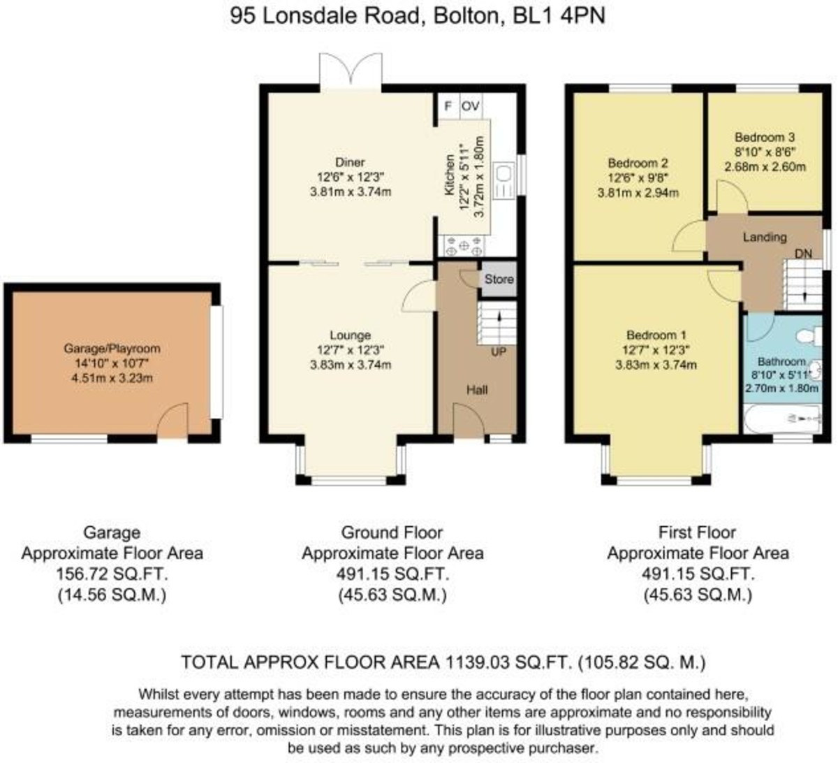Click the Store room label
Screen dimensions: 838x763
tap(499, 279)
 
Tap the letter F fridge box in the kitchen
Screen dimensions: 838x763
tap(448, 106)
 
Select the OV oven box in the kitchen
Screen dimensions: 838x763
tap(471, 106)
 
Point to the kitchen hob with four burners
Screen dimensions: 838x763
tap(464, 246)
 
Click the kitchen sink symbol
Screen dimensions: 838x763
tap(505, 180)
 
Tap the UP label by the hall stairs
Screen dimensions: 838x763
tap(498, 352)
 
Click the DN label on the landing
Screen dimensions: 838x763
tap(803, 254)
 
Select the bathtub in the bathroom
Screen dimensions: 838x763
tap(782, 419)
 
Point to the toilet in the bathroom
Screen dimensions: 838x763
tap(809, 335)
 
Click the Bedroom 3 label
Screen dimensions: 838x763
tap(765, 137)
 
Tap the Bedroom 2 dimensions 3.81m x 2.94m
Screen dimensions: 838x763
tap(638, 193)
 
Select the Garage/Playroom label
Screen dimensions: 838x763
tap(112, 348)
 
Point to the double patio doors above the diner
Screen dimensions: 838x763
tap(351, 71)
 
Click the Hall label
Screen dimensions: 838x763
tap(477, 390)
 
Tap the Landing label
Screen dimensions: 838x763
tap(765, 237)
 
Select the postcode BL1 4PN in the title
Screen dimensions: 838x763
tap(559, 16)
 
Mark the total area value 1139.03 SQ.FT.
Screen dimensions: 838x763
tap(508, 662)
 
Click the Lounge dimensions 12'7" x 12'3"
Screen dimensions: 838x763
tap(350, 350)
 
